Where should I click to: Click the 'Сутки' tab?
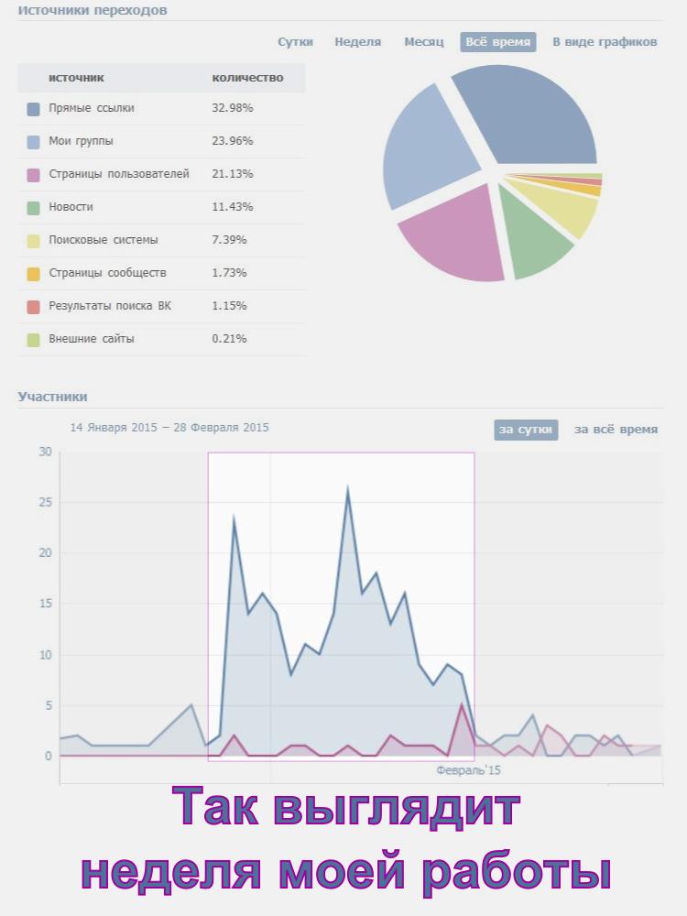[295, 42]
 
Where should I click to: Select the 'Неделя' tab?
[357, 42]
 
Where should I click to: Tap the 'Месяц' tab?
[424, 42]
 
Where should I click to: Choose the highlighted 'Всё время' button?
[497, 42]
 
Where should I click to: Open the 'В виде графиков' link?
[605, 42]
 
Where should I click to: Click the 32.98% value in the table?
[232, 108]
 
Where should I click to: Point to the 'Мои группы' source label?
[81, 141]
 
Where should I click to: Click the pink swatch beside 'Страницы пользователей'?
[34, 174]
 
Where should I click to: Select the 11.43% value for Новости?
[232, 207]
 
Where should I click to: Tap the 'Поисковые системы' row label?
[103, 240]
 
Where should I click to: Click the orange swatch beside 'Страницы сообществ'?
[34, 273]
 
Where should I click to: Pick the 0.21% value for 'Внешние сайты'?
[229, 339]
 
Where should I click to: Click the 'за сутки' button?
[526, 430]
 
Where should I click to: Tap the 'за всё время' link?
[616, 430]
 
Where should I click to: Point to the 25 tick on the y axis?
[45, 502]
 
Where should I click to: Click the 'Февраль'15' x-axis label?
[468, 771]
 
